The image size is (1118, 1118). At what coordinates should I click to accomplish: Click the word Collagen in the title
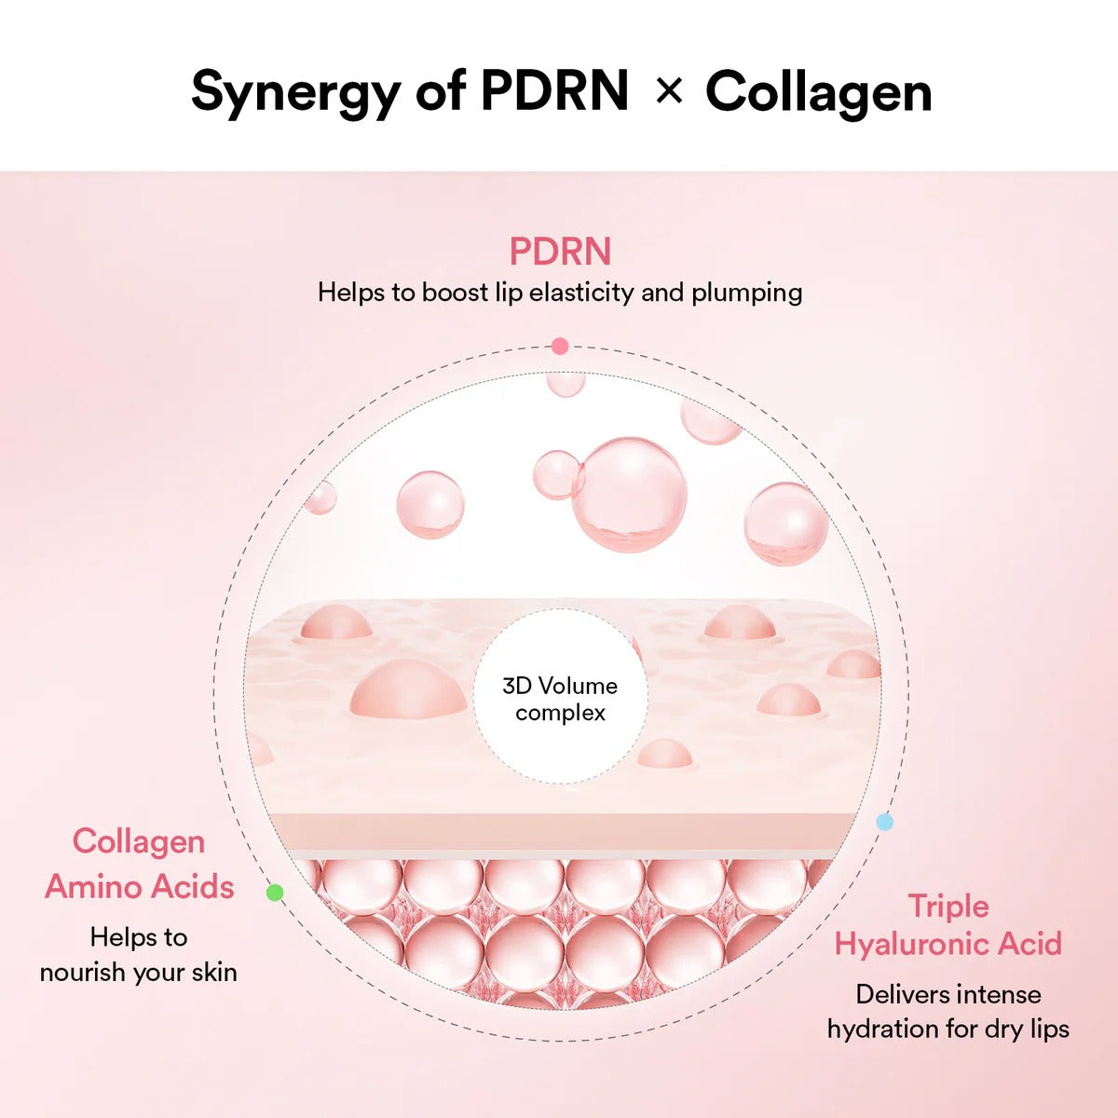click(x=818, y=92)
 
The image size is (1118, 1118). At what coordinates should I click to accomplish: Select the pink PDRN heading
click(x=560, y=252)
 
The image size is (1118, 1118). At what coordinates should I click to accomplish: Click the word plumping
click(x=746, y=293)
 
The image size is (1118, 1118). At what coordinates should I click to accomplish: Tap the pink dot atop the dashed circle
click(x=559, y=347)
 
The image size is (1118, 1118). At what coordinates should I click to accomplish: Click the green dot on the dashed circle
click(x=275, y=893)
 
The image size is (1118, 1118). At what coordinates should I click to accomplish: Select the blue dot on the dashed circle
click(x=885, y=822)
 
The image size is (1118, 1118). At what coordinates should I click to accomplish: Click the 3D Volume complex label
click(x=560, y=699)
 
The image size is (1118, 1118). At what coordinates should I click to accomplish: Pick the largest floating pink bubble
click(x=630, y=495)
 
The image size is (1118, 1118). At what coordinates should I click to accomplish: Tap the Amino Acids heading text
click(x=140, y=886)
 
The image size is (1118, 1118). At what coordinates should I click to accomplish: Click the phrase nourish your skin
click(x=138, y=972)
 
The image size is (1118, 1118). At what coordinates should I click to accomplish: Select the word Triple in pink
click(x=948, y=906)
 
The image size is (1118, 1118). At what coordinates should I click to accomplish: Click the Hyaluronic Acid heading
click(x=948, y=944)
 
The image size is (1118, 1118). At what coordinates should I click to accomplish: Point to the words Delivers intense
click(x=948, y=994)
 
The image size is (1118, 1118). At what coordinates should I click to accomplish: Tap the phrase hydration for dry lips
click(x=948, y=1029)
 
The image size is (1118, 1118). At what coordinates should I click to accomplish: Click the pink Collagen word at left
click(x=139, y=841)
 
